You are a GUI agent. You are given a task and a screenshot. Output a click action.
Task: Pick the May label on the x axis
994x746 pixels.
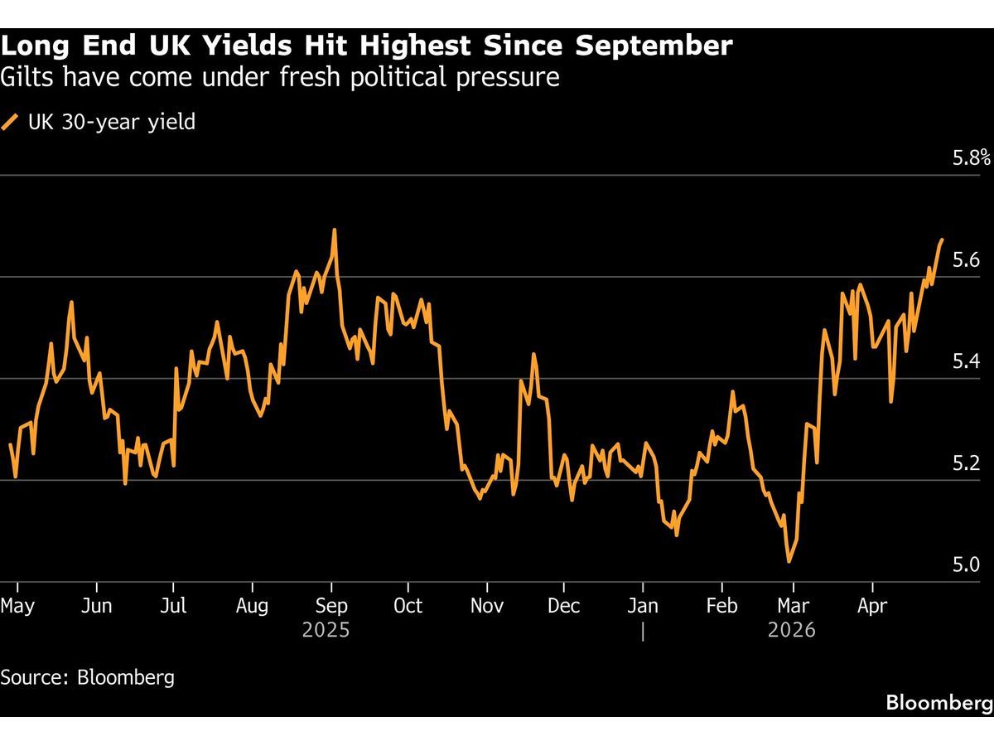[17, 606]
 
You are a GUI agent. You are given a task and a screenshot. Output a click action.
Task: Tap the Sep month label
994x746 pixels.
[331, 606]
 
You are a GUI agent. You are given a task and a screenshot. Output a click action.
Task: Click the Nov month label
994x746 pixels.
[487, 606]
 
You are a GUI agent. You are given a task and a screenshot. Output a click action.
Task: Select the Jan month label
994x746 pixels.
[643, 606]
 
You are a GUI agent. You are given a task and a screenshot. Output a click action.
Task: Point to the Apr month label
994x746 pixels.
[871, 606]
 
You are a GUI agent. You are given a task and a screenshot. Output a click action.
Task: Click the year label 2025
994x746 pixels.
[326, 631]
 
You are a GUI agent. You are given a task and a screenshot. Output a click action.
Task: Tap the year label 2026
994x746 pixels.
[792, 631]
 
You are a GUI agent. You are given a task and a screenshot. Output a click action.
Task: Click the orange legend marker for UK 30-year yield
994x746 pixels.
[11, 123]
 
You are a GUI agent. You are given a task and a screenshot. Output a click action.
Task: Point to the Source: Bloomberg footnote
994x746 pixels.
[88, 677]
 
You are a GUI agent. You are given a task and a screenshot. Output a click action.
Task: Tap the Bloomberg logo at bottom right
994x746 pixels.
[939, 703]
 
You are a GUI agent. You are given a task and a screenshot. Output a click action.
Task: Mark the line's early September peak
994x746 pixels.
[334, 230]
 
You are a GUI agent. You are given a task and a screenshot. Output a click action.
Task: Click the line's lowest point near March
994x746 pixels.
[789, 561]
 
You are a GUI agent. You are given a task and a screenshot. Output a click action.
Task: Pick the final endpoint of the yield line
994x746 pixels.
[942, 240]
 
